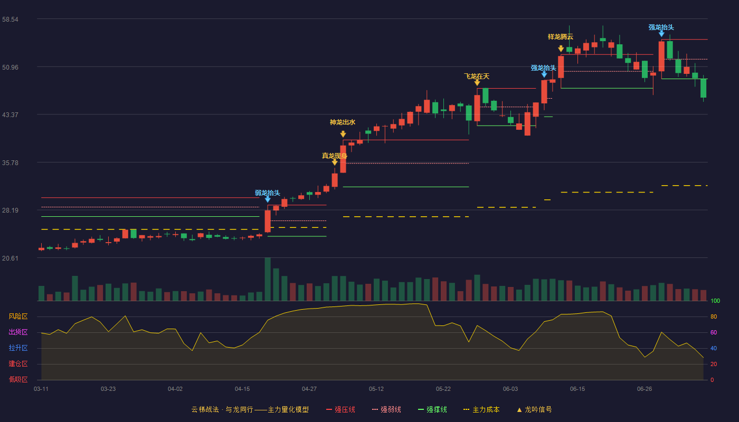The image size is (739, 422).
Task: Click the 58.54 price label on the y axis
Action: [x=10, y=20]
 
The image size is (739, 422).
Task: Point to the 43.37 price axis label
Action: [x=10, y=115]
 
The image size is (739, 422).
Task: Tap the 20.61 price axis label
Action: [x=10, y=258]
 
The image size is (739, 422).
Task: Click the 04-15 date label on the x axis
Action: [x=242, y=389]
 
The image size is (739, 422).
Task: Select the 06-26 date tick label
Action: [x=645, y=389]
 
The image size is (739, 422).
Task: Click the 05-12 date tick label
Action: [x=376, y=389]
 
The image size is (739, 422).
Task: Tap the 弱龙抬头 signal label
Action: [x=268, y=193]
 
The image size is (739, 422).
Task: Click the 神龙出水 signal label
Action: [x=343, y=122]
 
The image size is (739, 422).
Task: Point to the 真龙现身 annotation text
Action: [x=335, y=156]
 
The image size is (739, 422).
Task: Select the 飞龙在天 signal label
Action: [x=477, y=76]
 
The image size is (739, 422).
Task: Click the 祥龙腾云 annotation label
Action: [x=561, y=36]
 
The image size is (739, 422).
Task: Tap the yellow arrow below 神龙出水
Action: [x=343, y=134]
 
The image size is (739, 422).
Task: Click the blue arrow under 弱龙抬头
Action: [x=268, y=199]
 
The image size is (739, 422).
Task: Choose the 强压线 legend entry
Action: [x=340, y=409]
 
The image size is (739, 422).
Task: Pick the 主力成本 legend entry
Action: [x=481, y=409]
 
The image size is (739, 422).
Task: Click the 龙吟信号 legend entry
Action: [x=534, y=409]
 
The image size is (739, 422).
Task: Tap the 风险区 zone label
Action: [x=18, y=316]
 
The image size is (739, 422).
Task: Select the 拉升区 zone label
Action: [x=18, y=348]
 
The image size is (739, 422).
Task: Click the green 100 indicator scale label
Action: [x=715, y=301]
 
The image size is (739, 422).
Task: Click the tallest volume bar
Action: [x=268, y=279]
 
